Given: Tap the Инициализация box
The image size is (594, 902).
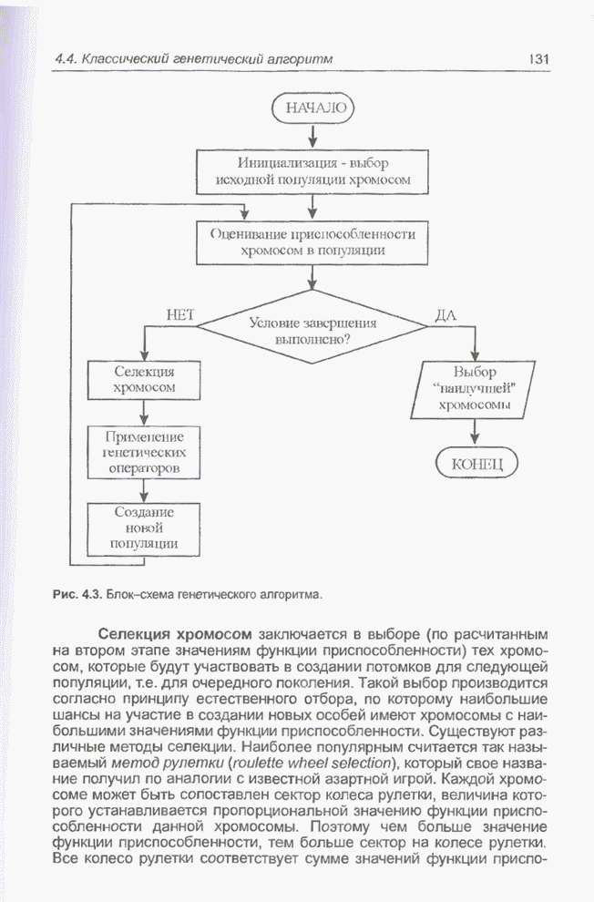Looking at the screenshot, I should [312, 171].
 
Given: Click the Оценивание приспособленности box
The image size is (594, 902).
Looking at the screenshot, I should [312, 241].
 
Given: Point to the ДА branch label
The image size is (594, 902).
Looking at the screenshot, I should [445, 315].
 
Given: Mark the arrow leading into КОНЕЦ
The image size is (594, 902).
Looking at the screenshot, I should [475, 433].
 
